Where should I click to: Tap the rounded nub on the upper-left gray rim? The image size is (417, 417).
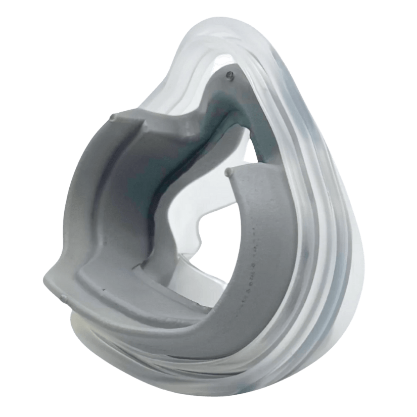[x=112, y=119]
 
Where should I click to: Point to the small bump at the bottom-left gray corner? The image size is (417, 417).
[x=63, y=297]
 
